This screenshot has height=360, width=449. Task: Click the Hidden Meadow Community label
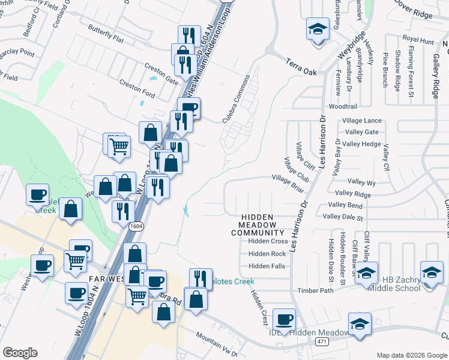pyautogui.click(x=258, y=225)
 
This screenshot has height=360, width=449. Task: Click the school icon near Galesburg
pyautogui.click(x=318, y=29)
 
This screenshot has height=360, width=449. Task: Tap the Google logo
pyautogui.click(x=20, y=353)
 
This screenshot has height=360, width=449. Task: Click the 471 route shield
pyautogui.click(x=322, y=341)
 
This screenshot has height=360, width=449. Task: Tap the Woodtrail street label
pyautogui.click(x=343, y=106)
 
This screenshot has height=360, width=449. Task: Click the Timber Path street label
pyautogui.click(x=315, y=290)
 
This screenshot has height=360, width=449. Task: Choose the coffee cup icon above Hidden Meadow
pyautogui.click(x=283, y=319)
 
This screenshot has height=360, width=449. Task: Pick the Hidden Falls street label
pyautogui.click(x=267, y=266)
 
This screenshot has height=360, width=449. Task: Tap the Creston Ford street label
pyautogui.click(x=137, y=88)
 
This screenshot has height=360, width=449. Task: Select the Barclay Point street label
pyautogui.click(x=17, y=52)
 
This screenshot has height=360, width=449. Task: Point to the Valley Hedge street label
pyautogui.click(x=362, y=144)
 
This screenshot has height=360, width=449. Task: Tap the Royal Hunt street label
pyautogui.click(x=418, y=41)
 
